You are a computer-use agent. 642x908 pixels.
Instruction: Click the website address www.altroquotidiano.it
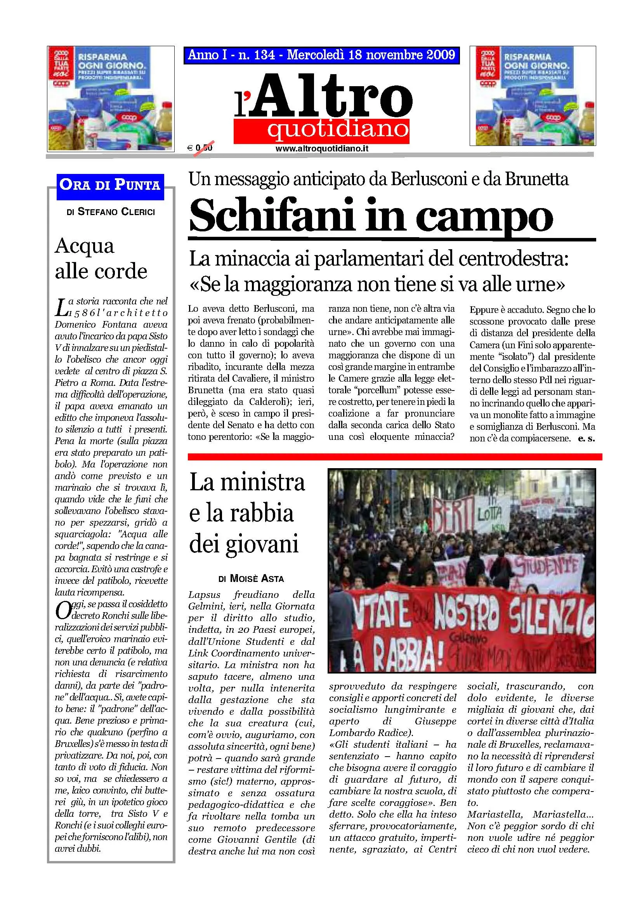tap(322, 149)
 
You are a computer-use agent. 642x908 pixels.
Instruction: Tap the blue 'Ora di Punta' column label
tap(110, 185)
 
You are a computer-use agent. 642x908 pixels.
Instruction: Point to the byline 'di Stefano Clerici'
tap(111, 212)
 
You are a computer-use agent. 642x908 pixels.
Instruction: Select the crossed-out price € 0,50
tap(200, 148)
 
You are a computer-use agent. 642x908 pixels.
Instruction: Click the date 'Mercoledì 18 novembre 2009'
tap(371, 55)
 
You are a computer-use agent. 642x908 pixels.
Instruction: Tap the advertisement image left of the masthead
tap(110, 99)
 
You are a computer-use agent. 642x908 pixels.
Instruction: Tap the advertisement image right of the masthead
tap(533, 96)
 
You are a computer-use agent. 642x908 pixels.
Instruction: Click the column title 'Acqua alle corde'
tap(101, 258)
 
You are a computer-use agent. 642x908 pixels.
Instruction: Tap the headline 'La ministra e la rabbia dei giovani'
tap(248, 513)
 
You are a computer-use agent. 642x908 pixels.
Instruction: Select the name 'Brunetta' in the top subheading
tap(536, 180)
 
